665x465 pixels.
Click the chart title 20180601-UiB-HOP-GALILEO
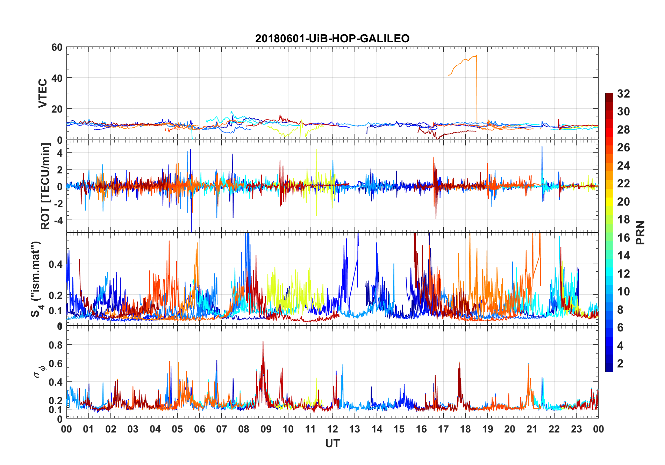coord(332,38)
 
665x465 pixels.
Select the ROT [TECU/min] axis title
coord(45,186)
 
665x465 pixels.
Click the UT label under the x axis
coord(332,444)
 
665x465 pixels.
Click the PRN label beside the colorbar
coord(641,232)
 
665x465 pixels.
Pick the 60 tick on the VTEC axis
coord(57,47)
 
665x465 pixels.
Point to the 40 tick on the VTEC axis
coord(57,78)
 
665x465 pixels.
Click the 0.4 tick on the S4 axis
coord(56,264)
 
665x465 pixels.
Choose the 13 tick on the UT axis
coord(355,429)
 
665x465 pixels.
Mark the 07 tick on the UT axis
coord(222,429)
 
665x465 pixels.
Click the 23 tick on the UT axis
coord(576,429)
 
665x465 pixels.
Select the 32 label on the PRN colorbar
coord(623,94)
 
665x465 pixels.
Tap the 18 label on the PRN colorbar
coord(623,220)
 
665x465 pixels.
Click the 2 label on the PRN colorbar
coord(620,364)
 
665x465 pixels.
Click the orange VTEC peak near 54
coord(476,56)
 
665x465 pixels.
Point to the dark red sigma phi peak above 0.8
coord(263,342)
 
